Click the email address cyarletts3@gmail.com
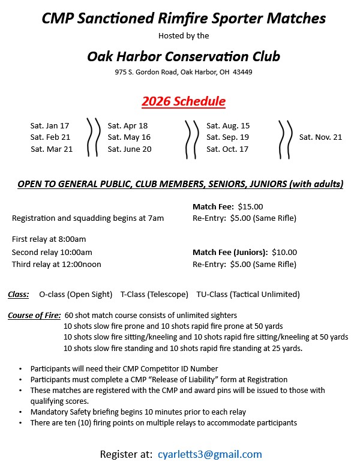(x=209, y=454)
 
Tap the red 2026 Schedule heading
(x=184, y=101)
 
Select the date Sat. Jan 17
(x=50, y=126)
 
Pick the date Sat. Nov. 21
(x=320, y=137)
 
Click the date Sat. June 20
(x=129, y=149)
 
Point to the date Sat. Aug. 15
(x=228, y=126)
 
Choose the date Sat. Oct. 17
(x=227, y=149)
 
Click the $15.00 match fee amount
(x=250, y=207)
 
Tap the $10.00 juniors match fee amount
(x=284, y=253)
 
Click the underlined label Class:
(x=19, y=295)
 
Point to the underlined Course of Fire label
(x=34, y=315)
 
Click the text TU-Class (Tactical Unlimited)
(x=248, y=295)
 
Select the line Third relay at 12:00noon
(x=56, y=264)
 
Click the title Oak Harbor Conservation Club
(x=184, y=56)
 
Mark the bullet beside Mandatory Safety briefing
(x=22, y=412)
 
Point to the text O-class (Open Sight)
(x=76, y=295)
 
